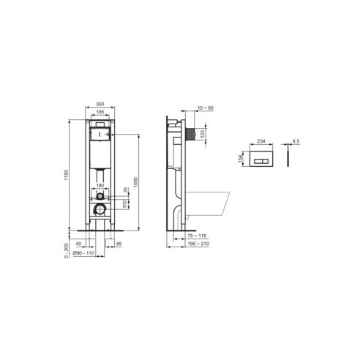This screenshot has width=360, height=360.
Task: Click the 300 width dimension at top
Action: click(100, 105)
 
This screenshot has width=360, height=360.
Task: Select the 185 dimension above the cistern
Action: click(100, 112)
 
